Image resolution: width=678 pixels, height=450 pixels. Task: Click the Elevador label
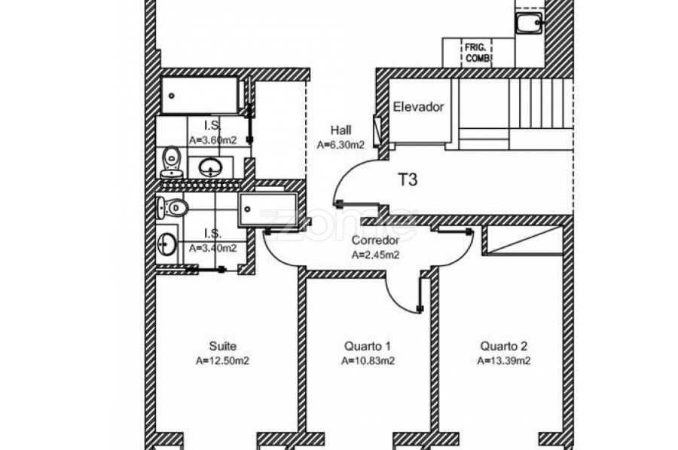pos(418,107)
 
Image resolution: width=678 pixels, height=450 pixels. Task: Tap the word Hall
pos(341,130)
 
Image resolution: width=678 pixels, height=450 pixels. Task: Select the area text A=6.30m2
pos(341,145)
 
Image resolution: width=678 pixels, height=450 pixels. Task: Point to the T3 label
pos(408,179)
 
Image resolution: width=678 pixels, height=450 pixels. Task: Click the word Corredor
pos(375,240)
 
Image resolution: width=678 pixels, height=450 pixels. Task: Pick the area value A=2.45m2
pos(375,256)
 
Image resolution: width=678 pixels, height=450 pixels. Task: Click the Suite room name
pos(223,346)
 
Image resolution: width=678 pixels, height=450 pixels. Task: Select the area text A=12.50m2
pos(223,361)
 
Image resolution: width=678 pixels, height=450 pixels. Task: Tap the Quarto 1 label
pos(368,346)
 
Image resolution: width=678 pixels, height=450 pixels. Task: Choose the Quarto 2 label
pos(504,346)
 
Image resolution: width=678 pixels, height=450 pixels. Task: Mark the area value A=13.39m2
pos(504,361)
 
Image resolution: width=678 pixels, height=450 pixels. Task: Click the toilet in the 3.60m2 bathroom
pos(172,162)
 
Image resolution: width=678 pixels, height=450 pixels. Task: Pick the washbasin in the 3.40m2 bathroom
pos(167,245)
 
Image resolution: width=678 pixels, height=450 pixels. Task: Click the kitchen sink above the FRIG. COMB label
pos(528,23)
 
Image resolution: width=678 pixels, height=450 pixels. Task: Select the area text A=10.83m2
pos(368,361)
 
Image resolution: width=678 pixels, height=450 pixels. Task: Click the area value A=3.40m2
pos(212,248)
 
